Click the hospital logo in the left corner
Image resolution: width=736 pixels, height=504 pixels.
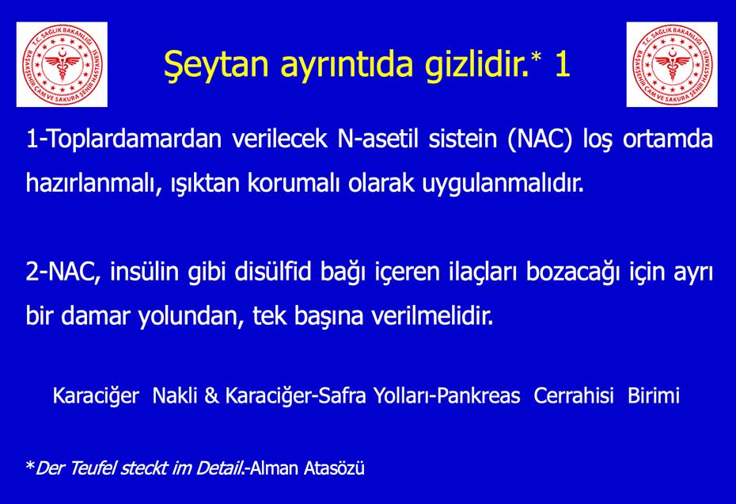pos(62,64)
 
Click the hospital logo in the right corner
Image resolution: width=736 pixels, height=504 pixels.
pos(672,64)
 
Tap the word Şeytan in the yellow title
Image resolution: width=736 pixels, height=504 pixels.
pos(216,65)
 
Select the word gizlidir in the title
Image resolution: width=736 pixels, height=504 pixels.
pos(474,65)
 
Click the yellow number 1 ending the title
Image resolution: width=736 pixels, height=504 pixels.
pos(563,64)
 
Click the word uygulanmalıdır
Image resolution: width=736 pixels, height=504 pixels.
pos(503,184)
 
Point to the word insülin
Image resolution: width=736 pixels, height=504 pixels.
pos(144,272)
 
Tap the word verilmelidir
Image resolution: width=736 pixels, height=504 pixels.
pos(432,315)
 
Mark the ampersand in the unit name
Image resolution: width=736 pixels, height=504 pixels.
pos(211,396)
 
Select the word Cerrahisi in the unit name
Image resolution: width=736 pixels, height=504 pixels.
pos(574,396)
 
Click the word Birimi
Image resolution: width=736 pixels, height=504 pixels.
pos(654,396)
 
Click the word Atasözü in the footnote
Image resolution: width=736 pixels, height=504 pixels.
pos(334,468)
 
